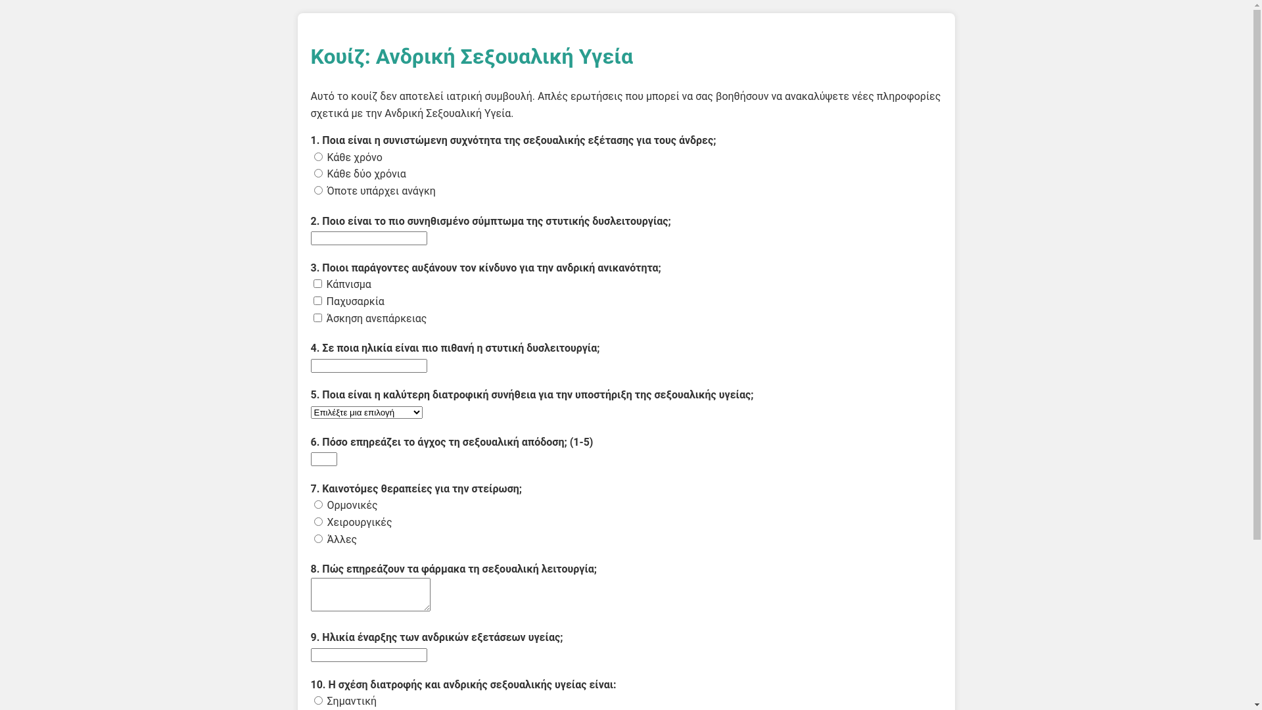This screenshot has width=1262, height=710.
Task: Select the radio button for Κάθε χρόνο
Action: point(318,157)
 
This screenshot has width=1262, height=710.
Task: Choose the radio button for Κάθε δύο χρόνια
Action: point(318,174)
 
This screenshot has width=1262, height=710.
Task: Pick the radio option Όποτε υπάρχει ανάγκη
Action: point(318,191)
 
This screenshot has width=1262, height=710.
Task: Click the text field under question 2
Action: point(369,238)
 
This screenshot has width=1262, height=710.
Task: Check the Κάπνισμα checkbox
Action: point(317,284)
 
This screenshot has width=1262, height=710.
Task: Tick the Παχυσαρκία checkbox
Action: point(317,301)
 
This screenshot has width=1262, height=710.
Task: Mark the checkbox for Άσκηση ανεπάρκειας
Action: point(317,318)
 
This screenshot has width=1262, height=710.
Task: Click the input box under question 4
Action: point(369,366)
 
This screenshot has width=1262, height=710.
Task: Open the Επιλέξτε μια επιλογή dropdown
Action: point(366,412)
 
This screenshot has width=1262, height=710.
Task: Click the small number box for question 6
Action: point(323,459)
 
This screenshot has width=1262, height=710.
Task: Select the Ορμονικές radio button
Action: point(318,505)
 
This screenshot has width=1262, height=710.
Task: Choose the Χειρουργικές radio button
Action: point(318,522)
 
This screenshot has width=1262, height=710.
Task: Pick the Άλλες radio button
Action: point(318,539)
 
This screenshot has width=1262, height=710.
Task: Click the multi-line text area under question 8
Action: point(370,594)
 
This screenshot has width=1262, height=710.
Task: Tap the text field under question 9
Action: point(369,655)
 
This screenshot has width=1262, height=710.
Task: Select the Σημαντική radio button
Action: point(318,701)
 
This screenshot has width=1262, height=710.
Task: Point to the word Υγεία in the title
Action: point(605,57)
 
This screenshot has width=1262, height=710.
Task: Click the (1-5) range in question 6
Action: point(581,442)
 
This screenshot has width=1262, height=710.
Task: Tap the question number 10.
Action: point(317,685)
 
